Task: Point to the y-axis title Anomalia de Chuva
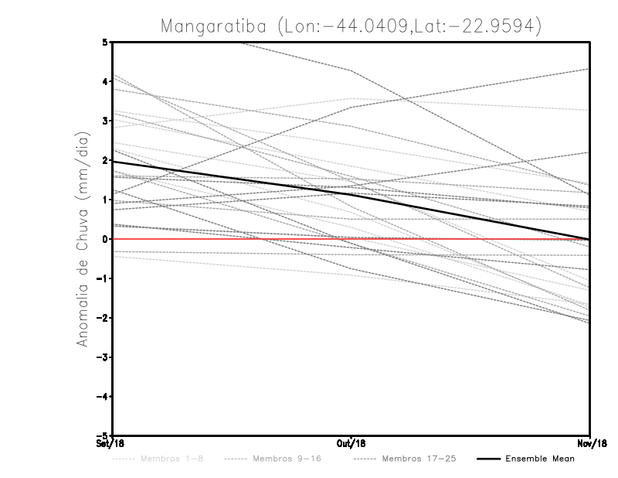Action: [x=82, y=240]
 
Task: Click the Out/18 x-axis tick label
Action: [x=351, y=444]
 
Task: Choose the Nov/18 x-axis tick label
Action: [x=591, y=444]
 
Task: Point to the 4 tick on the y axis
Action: [x=104, y=81]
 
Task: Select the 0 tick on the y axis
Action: [x=104, y=239]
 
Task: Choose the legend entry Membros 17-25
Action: [x=419, y=459]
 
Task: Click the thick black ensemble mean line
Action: [x=232, y=177]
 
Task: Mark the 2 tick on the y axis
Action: [x=104, y=160]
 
